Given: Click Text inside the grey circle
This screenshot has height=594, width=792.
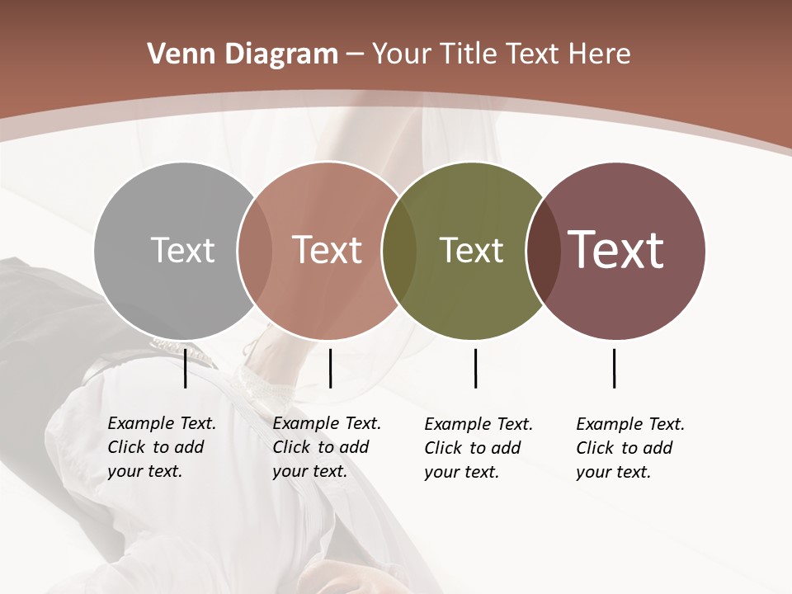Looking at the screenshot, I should pyautogui.click(x=182, y=250).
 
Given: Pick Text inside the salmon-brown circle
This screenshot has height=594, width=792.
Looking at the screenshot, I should pyautogui.click(x=327, y=250).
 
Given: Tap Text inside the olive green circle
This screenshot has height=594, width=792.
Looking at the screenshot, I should pyautogui.click(x=471, y=250).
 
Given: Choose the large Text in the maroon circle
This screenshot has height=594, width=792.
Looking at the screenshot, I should pyautogui.click(x=615, y=249).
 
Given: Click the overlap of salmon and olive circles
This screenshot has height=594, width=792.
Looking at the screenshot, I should pyautogui.click(x=398, y=250).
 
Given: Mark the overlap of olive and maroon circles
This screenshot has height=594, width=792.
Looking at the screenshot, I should pyautogui.click(x=543, y=250).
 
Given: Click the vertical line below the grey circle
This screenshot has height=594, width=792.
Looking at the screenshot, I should pyautogui.click(x=186, y=368).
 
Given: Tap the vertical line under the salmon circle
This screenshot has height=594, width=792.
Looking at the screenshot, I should pyautogui.click(x=330, y=368).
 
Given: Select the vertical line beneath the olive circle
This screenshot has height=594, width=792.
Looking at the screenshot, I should pyautogui.click(x=476, y=368).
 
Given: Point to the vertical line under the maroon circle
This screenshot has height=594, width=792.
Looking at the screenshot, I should pyautogui.click(x=615, y=368).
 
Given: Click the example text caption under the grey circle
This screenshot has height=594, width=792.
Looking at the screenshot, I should pyautogui.click(x=161, y=447).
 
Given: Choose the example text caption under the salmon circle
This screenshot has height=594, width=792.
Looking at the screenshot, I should pyautogui.click(x=326, y=447).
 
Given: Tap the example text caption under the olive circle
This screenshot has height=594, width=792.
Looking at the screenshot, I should pyautogui.click(x=478, y=448).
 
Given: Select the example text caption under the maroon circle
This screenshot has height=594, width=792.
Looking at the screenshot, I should pyautogui.click(x=629, y=448).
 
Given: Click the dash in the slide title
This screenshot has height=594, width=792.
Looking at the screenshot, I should pyautogui.click(x=355, y=55).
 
